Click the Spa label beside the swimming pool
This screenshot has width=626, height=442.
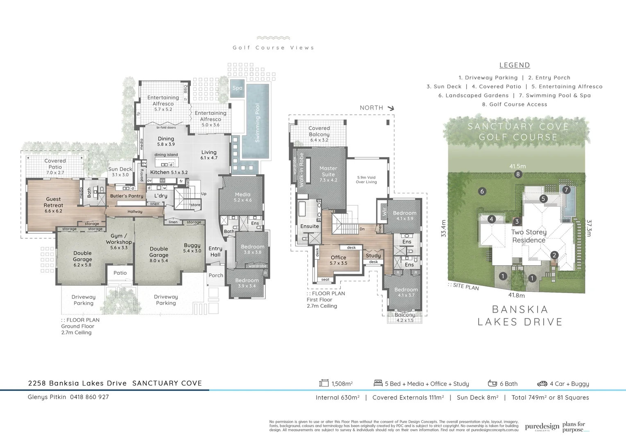click(x=237, y=88)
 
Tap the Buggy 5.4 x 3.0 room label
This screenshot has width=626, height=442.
click(x=192, y=248)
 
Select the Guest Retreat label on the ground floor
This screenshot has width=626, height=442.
click(x=53, y=205)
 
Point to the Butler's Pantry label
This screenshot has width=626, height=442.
click(x=127, y=196)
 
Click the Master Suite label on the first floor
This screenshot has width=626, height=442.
click(x=328, y=174)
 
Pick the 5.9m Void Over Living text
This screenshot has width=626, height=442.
click(x=366, y=180)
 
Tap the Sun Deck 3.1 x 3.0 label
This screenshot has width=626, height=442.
click(x=120, y=171)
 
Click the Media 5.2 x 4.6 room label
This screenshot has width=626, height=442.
click(x=243, y=197)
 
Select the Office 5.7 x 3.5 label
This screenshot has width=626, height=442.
click(x=339, y=260)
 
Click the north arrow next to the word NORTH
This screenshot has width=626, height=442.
click(x=391, y=108)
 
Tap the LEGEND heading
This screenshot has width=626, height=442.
click(x=515, y=65)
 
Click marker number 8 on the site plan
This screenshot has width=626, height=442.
click(x=518, y=174)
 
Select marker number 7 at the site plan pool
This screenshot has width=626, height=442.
click(x=566, y=190)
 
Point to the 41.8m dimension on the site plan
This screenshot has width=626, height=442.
click(x=517, y=295)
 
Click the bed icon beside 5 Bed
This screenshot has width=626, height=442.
click(x=378, y=383)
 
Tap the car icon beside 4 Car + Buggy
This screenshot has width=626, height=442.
click(x=542, y=383)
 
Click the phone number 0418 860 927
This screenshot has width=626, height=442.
click(x=89, y=397)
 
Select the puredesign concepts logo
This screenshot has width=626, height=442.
click(x=542, y=427)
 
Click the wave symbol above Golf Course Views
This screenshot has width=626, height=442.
click(x=273, y=38)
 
